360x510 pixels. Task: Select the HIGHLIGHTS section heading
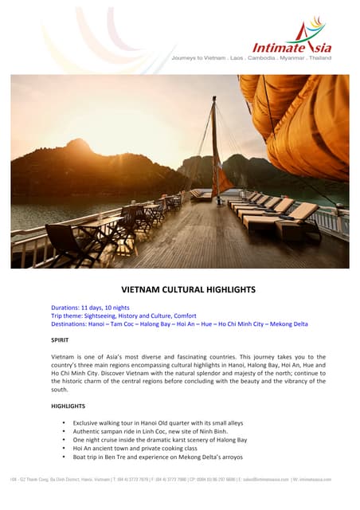pyautogui.click(x=68, y=406)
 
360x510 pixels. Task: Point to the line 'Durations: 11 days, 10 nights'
pyautogui.click(x=89, y=308)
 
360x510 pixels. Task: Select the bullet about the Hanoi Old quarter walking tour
pyautogui.click(x=158, y=422)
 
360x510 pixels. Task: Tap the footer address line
pyautogui.click(x=180, y=479)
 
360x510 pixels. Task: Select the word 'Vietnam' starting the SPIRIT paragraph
pyautogui.click(x=63, y=357)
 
